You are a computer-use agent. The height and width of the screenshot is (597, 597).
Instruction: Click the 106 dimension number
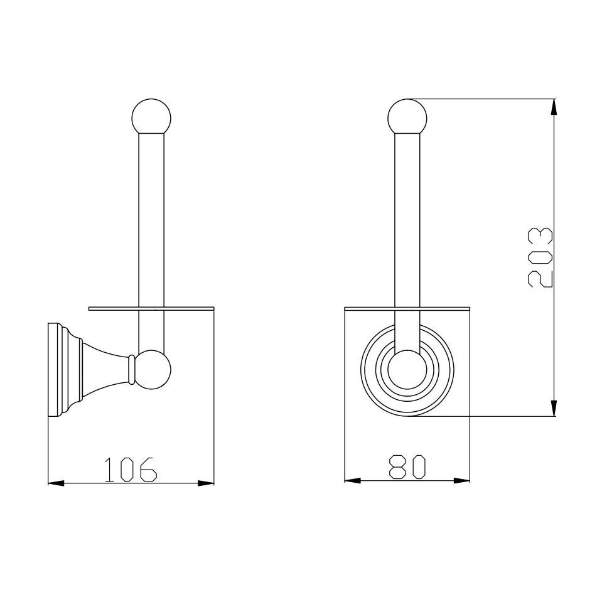click(x=130, y=470)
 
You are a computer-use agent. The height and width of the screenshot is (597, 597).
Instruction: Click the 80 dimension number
click(x=408, y=467)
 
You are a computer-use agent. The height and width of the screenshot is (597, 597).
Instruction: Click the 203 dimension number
click(x=541, y=257)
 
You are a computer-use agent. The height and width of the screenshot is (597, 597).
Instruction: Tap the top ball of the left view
click(x=151, y=117)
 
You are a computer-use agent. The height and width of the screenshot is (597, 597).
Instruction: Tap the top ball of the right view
click(x=407, y=117)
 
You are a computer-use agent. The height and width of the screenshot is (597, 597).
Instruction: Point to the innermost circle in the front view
click(x=407, y=369)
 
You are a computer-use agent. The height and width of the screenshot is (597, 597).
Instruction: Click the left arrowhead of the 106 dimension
click(x=56, y=483)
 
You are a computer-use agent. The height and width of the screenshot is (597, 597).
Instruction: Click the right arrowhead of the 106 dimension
click(x=206, y=483)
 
